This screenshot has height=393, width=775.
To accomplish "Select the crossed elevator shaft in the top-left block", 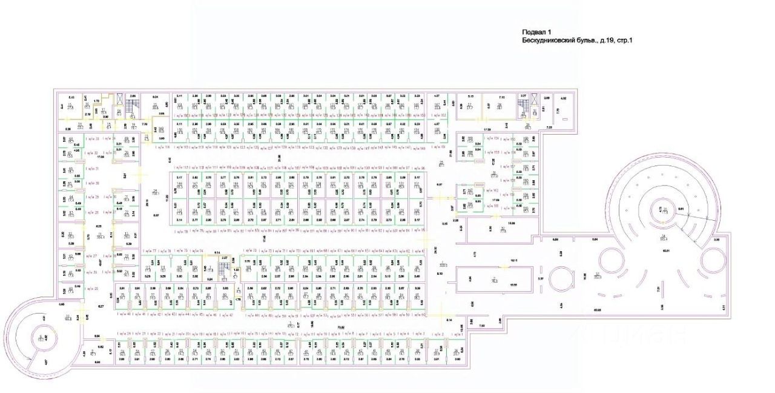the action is [x=120, y=100].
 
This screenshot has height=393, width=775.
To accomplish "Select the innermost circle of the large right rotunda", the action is [x=665, y=212].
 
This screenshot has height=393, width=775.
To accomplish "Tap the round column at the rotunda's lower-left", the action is [x=611, y=265].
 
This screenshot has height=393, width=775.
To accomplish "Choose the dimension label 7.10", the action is [x=501, y=97].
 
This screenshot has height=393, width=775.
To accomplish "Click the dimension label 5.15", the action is [x=470, y=97].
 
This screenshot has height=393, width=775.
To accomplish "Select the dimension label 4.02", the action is [x=562, y=98].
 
